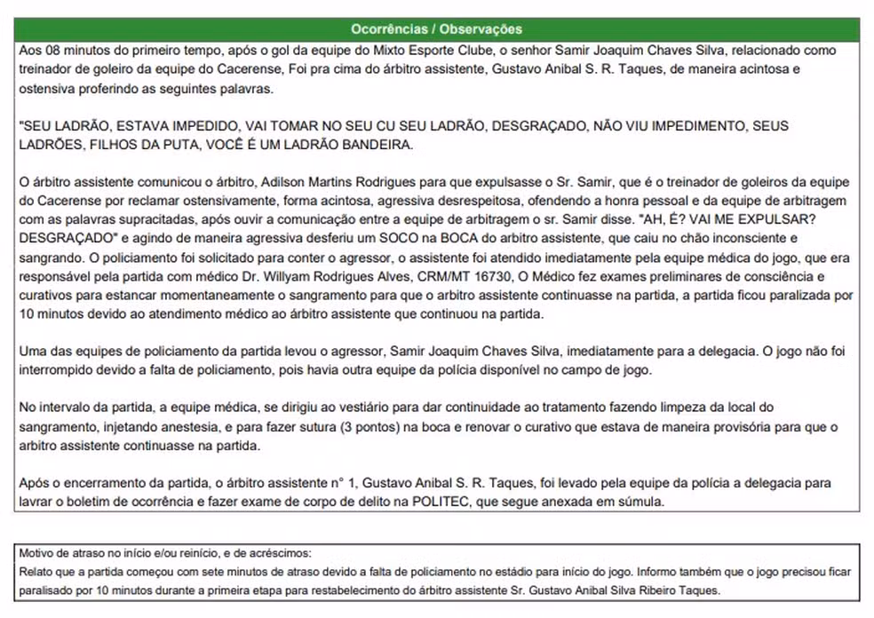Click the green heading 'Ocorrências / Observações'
[436, 29]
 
